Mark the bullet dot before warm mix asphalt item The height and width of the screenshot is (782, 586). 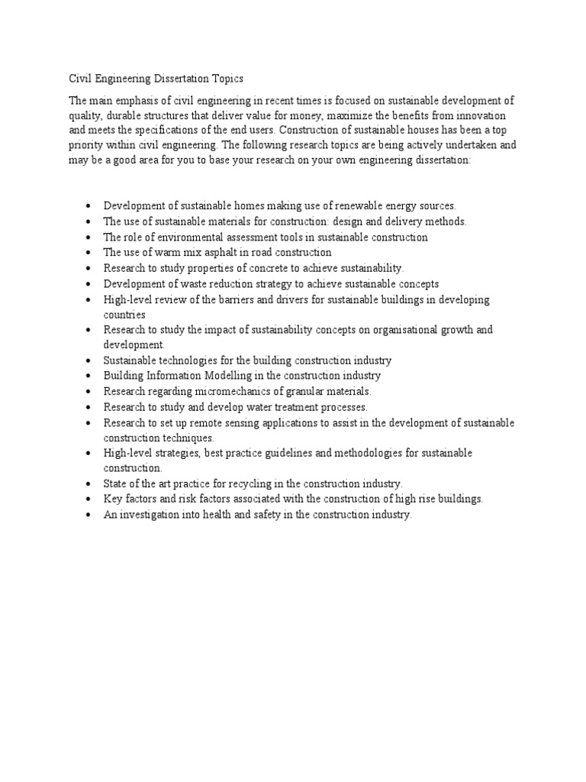click(x=89, y=253)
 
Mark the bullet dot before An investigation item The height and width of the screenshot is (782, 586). click(x=89, y=515)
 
